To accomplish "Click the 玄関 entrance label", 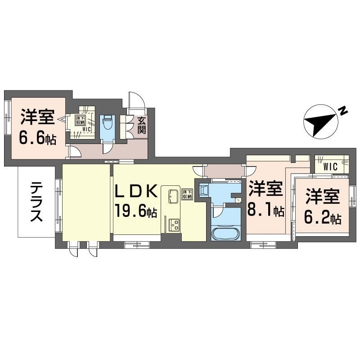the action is tap(142, 126).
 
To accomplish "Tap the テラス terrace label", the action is tap(36, 202).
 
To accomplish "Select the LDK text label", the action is tap(136, 191).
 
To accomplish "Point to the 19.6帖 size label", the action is tap(136, 211).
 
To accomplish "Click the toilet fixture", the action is tap(107, 122).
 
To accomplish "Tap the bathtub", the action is tap(225, 234).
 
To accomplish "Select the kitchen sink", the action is tap(173, 196).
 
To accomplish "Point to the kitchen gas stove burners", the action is tap(174, 225).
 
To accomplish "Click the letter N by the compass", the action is tap(343, 111).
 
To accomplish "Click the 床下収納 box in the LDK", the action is tap(187, 194).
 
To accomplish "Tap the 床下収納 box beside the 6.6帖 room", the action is tap(79, 120).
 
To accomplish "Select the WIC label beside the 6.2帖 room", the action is tap(330, 167).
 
